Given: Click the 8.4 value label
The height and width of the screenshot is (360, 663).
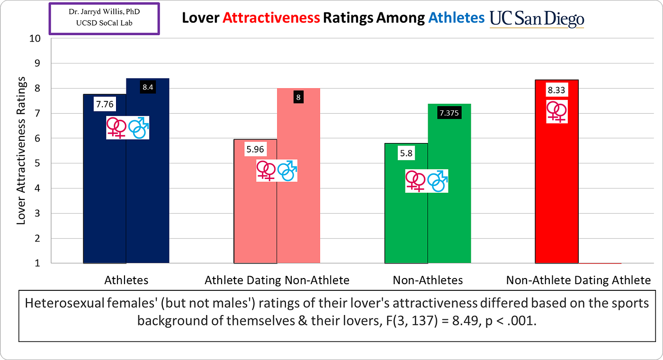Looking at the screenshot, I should tap(148, 87).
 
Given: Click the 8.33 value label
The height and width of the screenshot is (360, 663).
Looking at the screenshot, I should tap(556, 90).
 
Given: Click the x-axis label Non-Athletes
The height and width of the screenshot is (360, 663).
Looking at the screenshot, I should tap(428, 280).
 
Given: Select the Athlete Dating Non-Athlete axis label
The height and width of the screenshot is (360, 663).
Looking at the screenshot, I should tap(277, 280).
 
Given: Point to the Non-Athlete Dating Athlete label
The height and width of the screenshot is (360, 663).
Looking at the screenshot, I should tap(578, 280).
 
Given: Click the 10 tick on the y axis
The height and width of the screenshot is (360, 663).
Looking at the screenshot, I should tap(36, 38).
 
